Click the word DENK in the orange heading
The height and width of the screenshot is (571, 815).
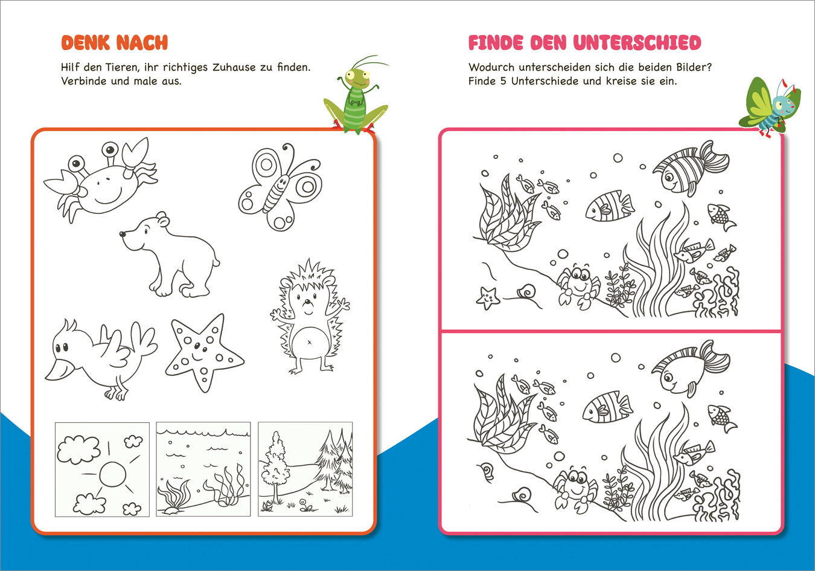[85, 43]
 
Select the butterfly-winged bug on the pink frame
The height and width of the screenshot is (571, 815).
[769, 106]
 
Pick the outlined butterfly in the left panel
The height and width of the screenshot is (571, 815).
[280, 187]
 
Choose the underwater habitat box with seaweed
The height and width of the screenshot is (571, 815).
[203, 469]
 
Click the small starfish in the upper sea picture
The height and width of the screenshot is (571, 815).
[487, 297]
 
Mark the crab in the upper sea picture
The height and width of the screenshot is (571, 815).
[578, 284]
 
